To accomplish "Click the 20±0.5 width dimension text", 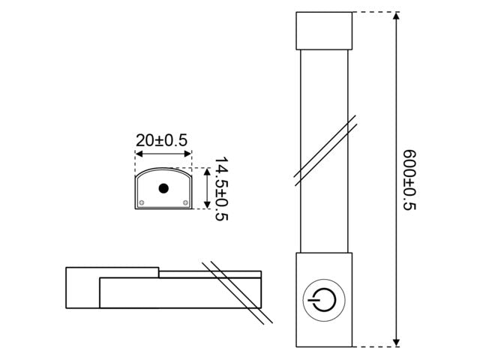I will coord(162,139).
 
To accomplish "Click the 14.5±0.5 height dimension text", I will coord(221,189).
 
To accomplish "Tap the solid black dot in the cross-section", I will coord(163,188).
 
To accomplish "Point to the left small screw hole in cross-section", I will coord(142,202).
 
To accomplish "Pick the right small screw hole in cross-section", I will coord(184,202).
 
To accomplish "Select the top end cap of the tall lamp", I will coord(323,30).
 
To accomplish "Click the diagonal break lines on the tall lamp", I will coord(324,149).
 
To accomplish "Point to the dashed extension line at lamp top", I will coord(373,12).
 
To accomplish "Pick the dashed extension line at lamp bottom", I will coord(373,346).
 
